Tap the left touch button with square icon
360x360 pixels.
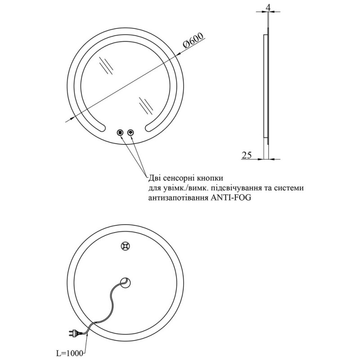(120, 132)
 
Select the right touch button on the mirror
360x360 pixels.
(131, 132)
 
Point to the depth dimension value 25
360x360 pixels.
(247, 155)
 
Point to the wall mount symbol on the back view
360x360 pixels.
(126, 246)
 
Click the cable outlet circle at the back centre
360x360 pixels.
(126, 282)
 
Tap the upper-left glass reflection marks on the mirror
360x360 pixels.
(106, 66)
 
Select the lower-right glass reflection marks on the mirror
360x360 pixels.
(145, 104)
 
